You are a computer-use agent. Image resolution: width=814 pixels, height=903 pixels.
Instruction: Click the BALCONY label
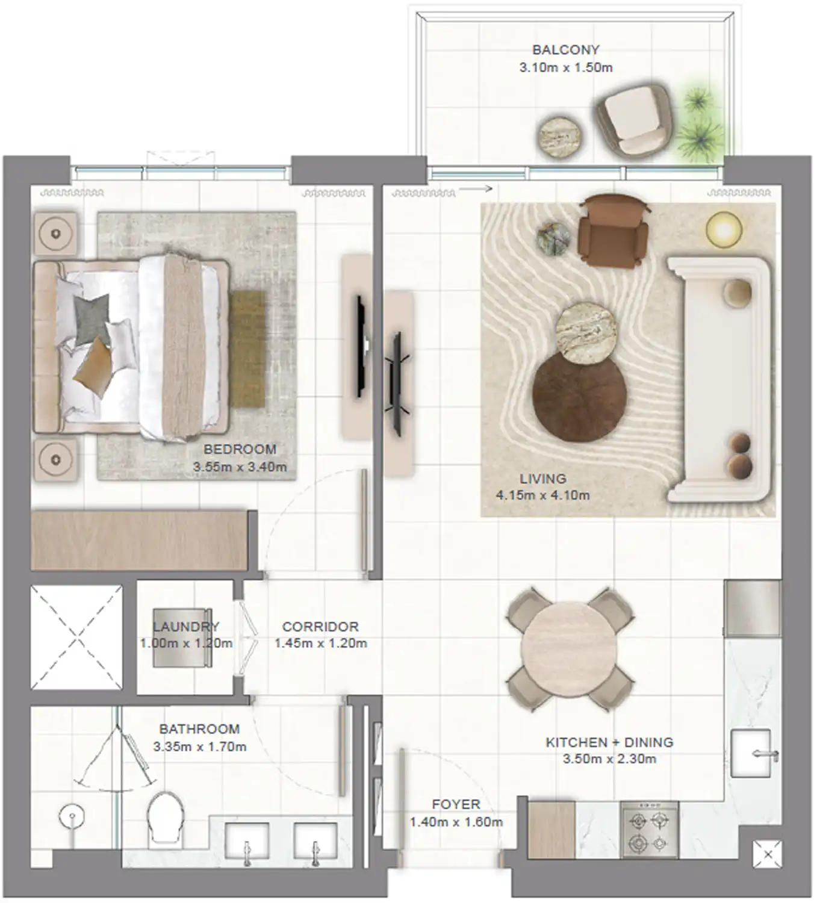[566, 49]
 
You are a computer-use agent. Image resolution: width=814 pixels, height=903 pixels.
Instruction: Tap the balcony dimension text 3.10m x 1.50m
[566, 67]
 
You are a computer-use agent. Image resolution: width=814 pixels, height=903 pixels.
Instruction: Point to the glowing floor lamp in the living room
[724, 230]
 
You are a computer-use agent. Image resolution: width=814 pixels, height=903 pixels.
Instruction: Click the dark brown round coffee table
[580, 396]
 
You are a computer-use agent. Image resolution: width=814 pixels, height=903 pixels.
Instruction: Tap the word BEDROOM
[240, 449]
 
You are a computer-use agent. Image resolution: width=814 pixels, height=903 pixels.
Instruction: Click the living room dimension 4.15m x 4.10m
[542, 495]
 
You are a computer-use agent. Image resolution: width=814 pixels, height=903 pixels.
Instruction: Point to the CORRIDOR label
[320, 627]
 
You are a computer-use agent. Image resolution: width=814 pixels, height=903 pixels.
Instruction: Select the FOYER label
[456, 804]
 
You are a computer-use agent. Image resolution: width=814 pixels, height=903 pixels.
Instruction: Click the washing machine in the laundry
[183, 638]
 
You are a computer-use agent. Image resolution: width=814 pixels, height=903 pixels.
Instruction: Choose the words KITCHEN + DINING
[610, 742]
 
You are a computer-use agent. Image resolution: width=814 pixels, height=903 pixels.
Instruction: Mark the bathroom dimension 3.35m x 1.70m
[199, 747]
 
